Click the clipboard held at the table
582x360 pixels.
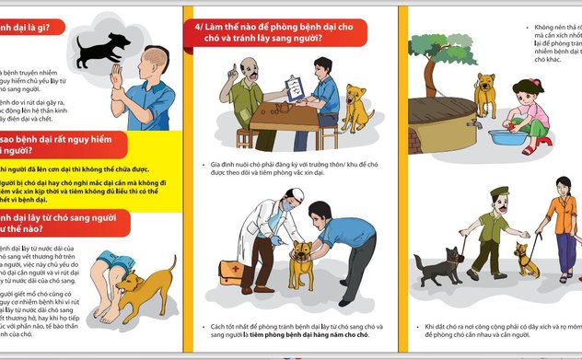click(296, 87)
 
